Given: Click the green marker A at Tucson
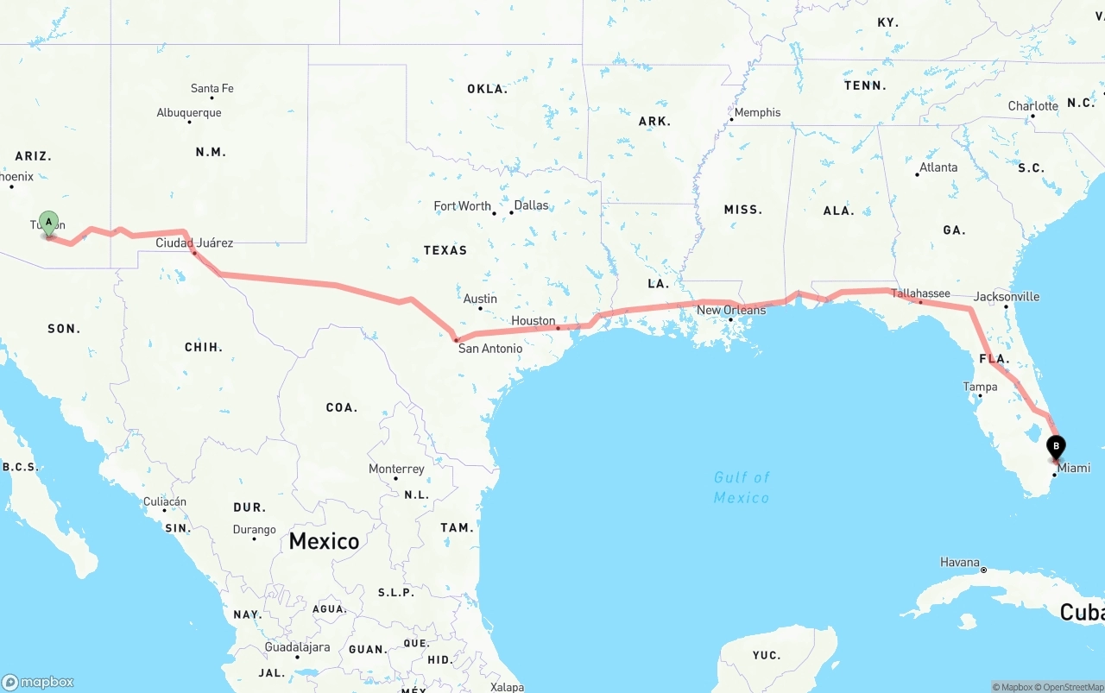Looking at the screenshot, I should pos(49,223).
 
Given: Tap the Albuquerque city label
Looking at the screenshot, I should pos(189,113).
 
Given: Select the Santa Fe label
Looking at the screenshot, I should pos(212,88).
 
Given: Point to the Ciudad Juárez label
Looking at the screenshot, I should pos(194,243).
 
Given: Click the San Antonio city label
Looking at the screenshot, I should pos(489,349).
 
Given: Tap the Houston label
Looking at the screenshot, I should pos(533,320).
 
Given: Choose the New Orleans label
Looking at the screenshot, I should pos(730,310).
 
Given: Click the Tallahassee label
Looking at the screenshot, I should pos(920,293).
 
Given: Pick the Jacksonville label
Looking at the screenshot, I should pos(1007,296).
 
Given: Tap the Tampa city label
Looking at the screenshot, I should pos(980,387).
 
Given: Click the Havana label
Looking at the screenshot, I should pos(959,562).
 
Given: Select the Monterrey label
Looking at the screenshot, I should pos(396,469).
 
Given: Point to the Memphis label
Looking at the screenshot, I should pos(757,112).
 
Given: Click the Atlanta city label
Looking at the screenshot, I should pos(938,167).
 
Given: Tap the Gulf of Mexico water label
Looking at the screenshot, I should pos(741,487).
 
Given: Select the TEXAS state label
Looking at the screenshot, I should pos(445,250).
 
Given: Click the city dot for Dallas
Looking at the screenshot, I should pos(510,212).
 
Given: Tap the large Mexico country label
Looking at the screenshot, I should pos(324,541).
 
